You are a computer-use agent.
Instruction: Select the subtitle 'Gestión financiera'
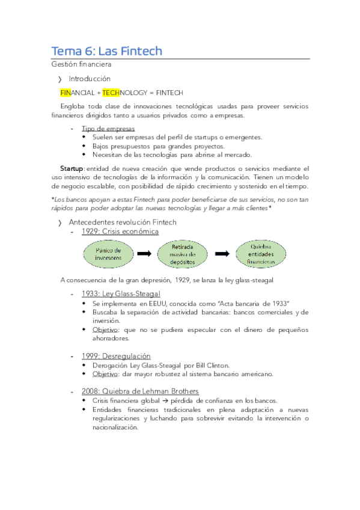[81, 64]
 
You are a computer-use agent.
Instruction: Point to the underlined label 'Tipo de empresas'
[108, 129]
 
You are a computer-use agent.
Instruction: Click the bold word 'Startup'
[72, 168]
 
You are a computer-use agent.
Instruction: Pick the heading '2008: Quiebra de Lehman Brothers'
[140, 392]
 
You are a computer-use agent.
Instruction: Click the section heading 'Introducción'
[90, 79]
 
